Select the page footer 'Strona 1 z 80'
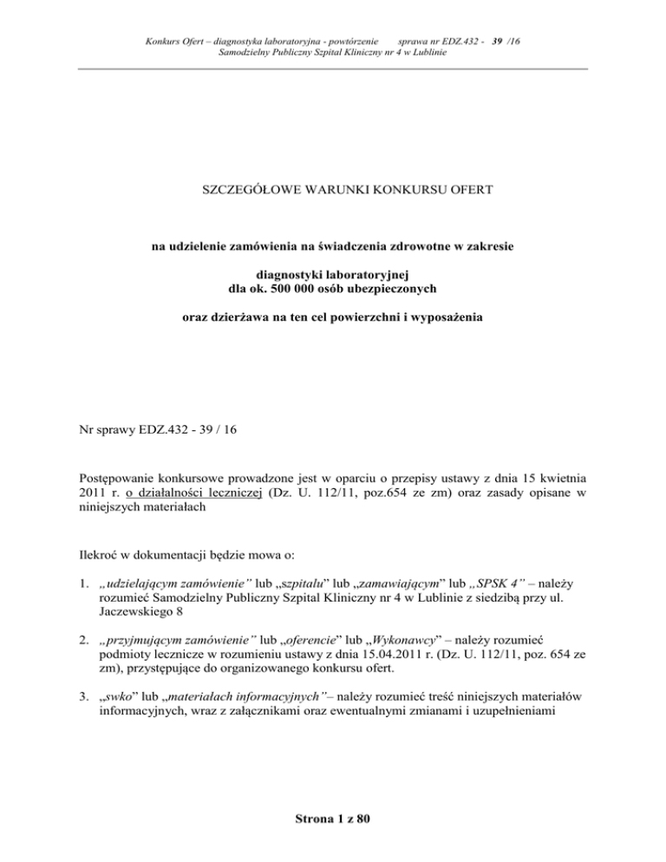(x=333, y=824)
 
